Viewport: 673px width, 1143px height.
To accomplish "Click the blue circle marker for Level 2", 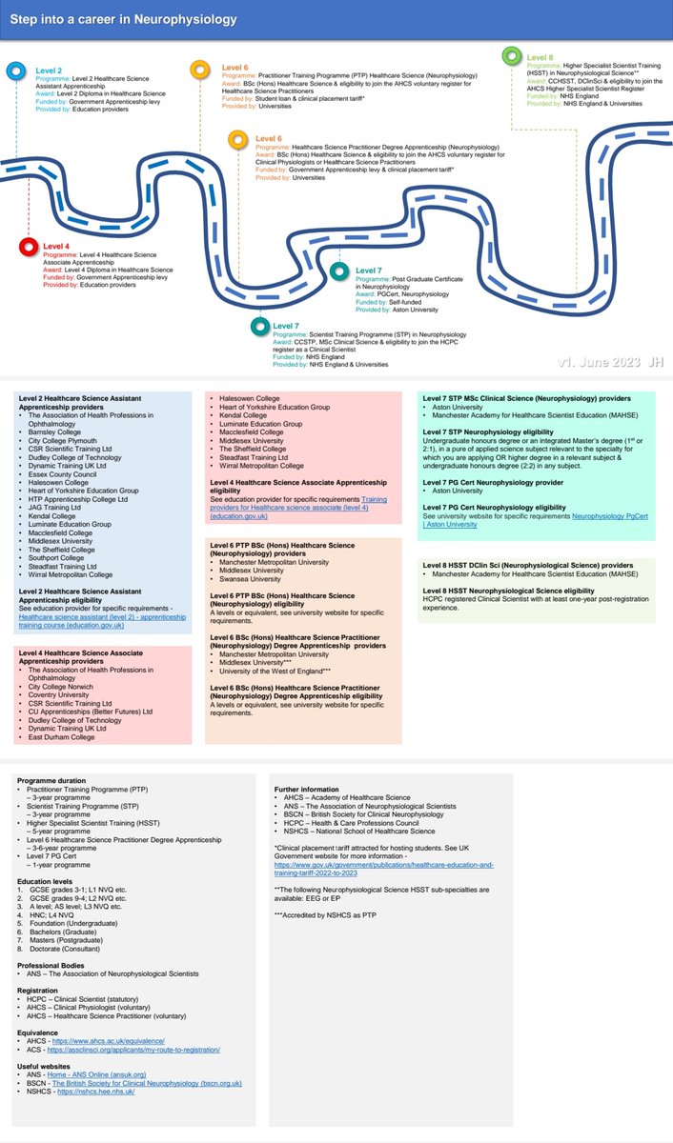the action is click(16, 71).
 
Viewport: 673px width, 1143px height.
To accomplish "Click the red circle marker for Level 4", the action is click(28, 249).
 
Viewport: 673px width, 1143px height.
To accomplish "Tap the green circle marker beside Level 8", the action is click(512, 56).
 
